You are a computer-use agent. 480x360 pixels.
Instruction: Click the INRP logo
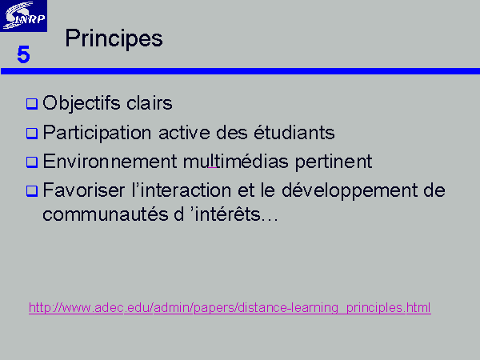[x=23, y=16]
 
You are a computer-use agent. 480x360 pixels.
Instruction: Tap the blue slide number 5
[x=23, y=54]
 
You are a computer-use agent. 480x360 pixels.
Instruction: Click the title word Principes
[x=114, y=39]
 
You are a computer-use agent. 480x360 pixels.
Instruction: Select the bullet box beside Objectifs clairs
[x=32, y=104]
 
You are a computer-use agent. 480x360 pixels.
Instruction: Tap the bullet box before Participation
[x=32, y=134]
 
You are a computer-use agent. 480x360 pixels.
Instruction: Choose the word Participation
[x=97, y=133]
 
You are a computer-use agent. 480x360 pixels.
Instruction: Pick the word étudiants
[x=294, y=132]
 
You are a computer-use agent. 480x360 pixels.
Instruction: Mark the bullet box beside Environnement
[x=32, y=162]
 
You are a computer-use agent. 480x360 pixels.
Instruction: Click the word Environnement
[x=110, y=161]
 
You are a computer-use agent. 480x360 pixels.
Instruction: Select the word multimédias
[x=236, y=161]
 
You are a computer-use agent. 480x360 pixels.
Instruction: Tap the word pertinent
[x=334, y=162]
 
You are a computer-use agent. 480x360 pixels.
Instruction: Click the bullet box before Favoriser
[x=32, y=191]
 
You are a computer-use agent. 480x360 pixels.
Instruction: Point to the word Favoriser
[x=83, y=190]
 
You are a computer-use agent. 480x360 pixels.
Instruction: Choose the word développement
[x=350, y=190]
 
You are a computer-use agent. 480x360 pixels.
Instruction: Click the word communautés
[x=106, y=214]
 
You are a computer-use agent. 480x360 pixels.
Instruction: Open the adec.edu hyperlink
[x=230, y=308]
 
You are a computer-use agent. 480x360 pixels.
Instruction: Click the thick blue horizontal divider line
[x=240, y=71]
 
